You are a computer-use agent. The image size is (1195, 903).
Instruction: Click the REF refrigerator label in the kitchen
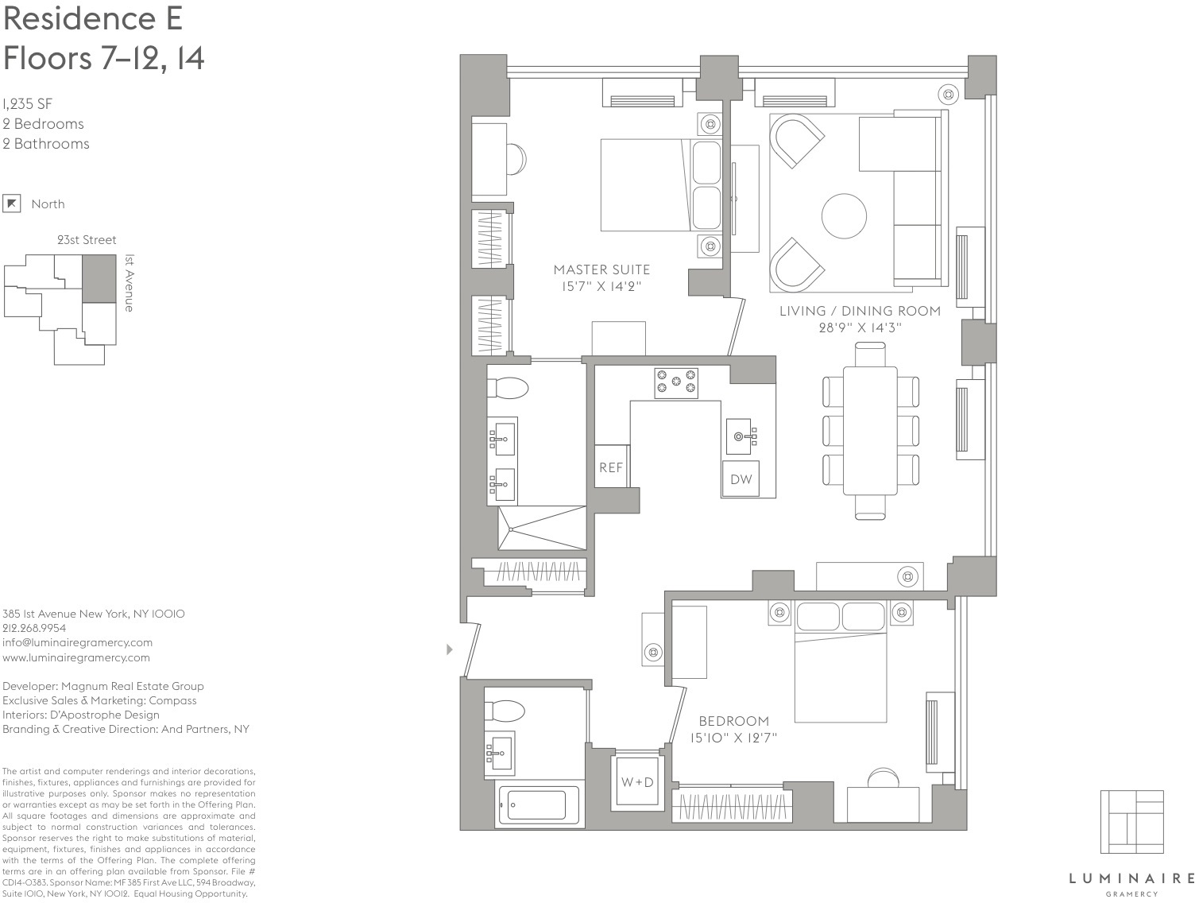(610, 467)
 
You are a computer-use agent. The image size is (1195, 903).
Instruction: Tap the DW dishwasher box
(741, 479)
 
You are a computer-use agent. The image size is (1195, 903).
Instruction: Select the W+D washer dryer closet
(637, 782)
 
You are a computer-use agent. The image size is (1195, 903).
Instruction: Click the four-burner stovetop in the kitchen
(675, 382)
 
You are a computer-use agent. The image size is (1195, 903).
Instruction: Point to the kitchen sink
(741, 436)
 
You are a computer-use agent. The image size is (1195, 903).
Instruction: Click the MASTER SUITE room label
(601, 269)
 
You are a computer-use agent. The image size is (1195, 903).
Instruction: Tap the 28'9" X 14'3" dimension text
(860, 327)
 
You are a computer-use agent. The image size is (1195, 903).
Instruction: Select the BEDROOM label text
(733, 721)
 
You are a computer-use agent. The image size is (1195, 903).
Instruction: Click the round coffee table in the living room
(844, 215)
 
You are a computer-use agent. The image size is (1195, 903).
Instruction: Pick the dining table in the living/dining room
(870, 430)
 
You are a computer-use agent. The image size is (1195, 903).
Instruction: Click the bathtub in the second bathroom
(536, 804)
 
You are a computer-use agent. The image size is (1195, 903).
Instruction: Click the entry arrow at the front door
(450, 649)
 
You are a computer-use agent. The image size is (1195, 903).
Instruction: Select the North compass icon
(11, 203)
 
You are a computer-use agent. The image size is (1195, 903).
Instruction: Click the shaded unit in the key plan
(99, 278)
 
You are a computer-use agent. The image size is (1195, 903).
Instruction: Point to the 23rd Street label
(87, 239)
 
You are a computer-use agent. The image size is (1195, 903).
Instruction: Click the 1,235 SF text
(27, 103)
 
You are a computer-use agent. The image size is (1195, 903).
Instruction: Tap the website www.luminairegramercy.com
(76, 657)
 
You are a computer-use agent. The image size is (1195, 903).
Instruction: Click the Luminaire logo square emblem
(1131, 822)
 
